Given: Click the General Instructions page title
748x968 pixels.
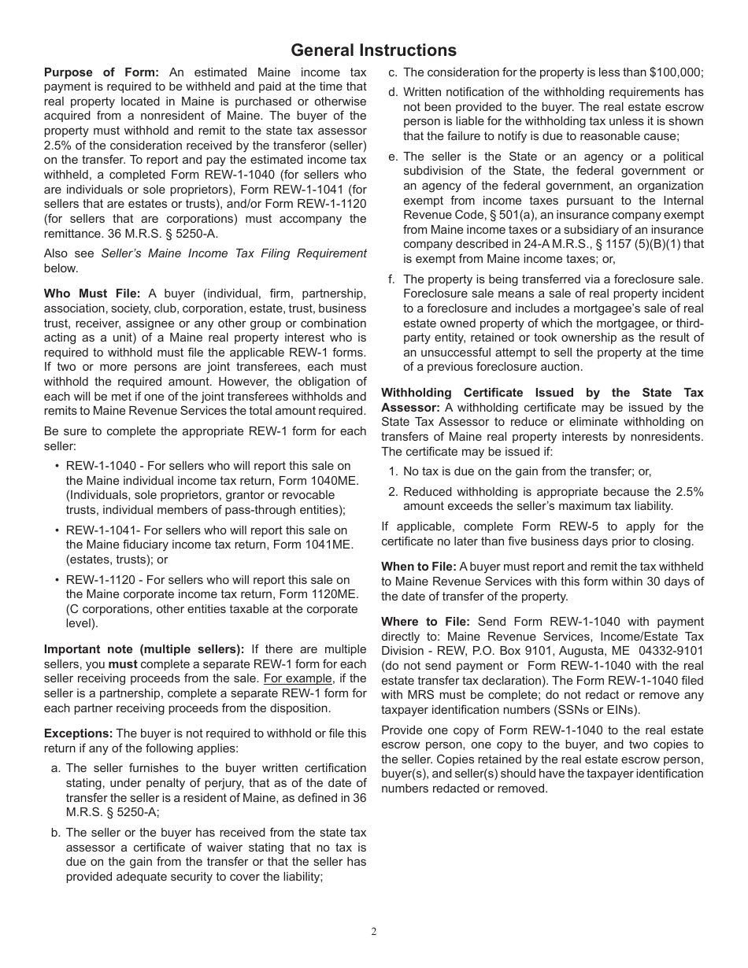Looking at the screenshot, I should pos(373,50).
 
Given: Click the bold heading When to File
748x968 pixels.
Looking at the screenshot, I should pos(418,567).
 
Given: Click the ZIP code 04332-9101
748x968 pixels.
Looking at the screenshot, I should pos(672,651).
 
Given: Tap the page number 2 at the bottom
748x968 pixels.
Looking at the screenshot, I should pos(374,932).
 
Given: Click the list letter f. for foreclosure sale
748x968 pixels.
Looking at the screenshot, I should pos(391,279).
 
